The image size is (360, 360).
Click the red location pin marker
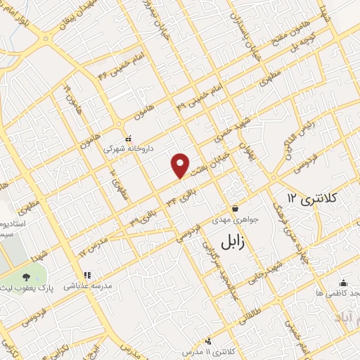181,165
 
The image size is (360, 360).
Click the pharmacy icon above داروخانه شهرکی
127,139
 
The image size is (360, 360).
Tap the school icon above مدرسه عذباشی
86,276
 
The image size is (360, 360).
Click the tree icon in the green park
26,278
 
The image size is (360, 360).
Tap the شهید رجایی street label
268,268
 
